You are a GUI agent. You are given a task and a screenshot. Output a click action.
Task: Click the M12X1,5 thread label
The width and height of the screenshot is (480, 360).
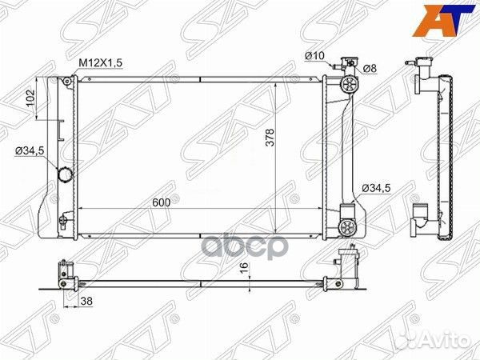(x=100, y=63)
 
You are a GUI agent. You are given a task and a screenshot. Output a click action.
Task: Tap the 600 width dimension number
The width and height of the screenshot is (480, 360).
(x=161, y=202)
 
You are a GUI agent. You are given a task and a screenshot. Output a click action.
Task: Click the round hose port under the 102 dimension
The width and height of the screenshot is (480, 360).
(x=66, y=175)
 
